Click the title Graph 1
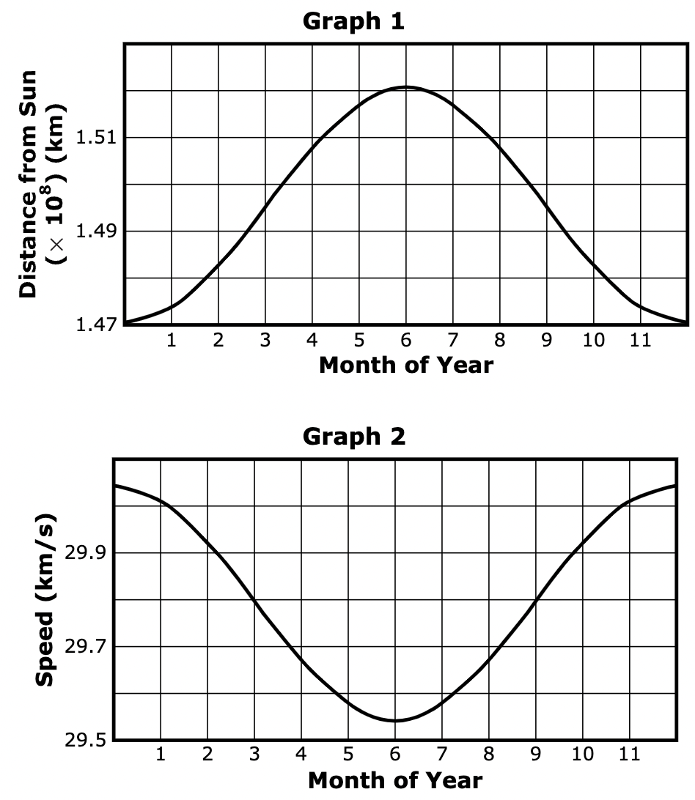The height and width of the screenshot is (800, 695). click(x=353, y=21)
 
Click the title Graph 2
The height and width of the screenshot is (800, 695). click(x=353, y=437)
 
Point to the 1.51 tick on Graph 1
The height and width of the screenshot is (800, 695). click(x=96, y=138)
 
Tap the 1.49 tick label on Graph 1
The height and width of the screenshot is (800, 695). click(x=96, y=232)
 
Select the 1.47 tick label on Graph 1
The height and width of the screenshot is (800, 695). click(x=96, y=325)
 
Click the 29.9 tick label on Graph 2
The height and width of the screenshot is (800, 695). click(x=86, y=553)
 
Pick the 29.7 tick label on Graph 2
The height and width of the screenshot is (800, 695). click(x=86, y=647)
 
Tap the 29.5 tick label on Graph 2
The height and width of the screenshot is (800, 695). click(x=86, y=740)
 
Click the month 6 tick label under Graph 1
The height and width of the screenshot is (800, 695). click(x=406, y=341)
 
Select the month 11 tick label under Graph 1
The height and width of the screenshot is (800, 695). click(x=640, y=341)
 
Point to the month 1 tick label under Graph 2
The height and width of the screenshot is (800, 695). click(x=161, y=755)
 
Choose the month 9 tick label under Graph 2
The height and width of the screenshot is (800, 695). click(x=536, y=755)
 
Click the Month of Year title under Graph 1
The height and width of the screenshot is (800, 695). click(x=406, y=364)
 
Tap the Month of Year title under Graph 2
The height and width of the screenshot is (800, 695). click(x=395, y=780)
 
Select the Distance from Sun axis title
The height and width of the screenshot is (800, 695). click(x=29, y=183)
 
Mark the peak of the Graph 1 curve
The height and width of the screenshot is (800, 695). click(x=406, y=87)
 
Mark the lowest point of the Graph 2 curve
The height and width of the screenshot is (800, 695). click(x=395, y=720)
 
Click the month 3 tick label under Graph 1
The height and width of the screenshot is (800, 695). click(x=265, y=341)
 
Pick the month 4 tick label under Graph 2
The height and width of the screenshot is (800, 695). click(x=301, y=755)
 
